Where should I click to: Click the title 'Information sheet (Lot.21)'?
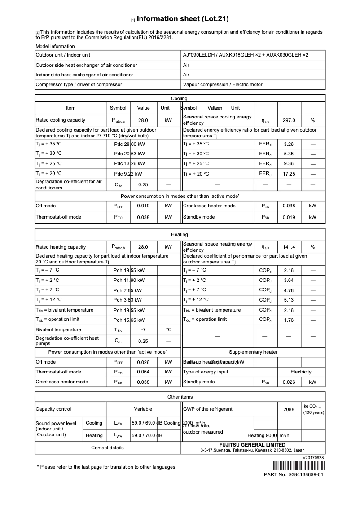pos(183,19)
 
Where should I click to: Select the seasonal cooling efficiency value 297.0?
pos(289,120)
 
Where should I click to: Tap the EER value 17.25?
pos(289,174)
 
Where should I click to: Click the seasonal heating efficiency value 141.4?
pos(289,247)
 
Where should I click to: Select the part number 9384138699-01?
pos(307,474)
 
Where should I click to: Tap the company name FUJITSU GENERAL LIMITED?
pos(252,445)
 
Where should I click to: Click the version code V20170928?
pos(313,457)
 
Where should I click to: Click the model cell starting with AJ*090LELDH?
pos(246,55)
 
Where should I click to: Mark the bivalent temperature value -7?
pos(144,329)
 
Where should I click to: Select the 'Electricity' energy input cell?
pos(301,372)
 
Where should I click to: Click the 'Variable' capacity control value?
pos(143,409)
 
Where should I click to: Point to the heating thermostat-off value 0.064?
pos(144,372)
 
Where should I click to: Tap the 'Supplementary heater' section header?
pos(253,352)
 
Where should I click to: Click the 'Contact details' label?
pos(107,448)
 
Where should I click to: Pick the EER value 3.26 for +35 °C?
pos(289,144)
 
